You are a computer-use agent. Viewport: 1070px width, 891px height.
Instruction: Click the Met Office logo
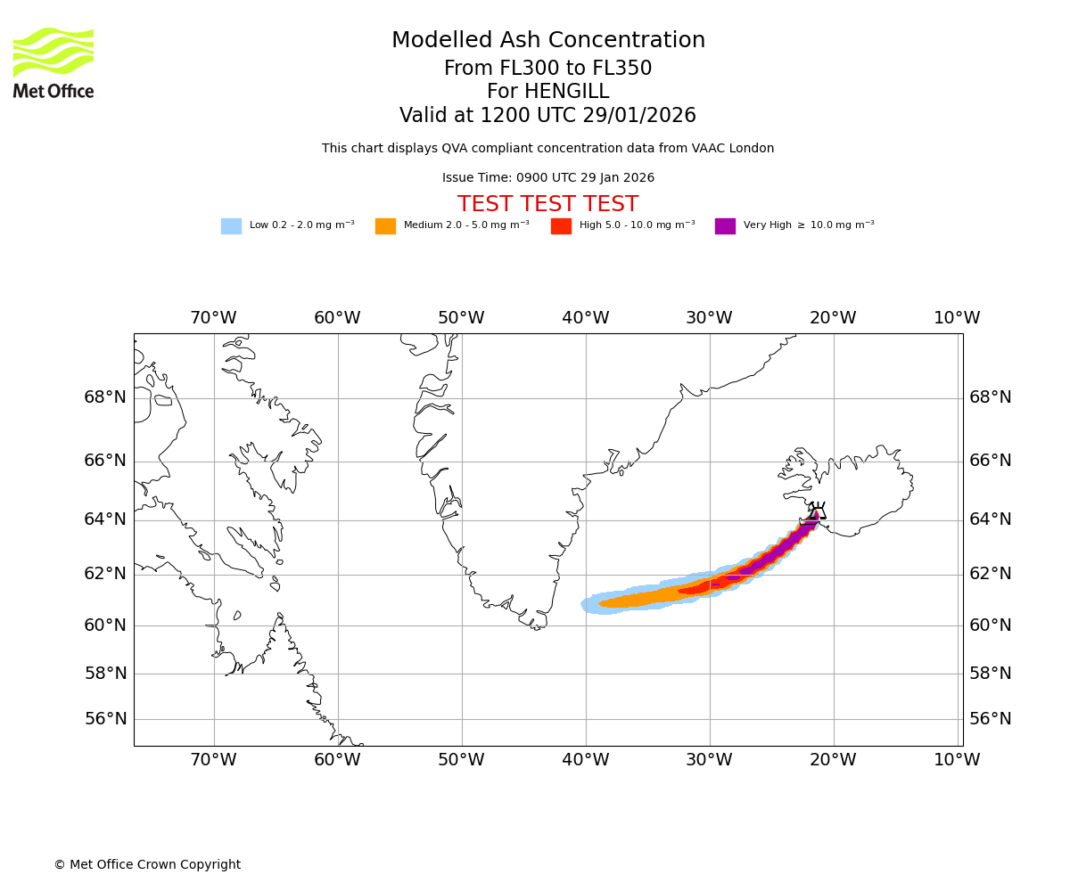(x=53, y=62)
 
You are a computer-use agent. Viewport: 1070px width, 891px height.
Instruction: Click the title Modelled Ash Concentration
(x=548, y=41)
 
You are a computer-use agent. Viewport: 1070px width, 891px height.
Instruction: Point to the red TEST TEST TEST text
(x=547, y=205)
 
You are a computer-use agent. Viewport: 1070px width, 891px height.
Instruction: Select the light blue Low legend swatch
(x=231, y=226)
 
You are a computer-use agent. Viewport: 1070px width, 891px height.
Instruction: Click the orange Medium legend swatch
(x=385, y=226)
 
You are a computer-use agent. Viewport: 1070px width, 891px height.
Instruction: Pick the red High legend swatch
(x=561, y=226)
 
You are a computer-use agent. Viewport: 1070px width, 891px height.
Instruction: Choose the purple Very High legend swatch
(x=725, y=226)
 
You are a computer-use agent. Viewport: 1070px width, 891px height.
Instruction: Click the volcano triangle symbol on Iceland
(x=817, y=512)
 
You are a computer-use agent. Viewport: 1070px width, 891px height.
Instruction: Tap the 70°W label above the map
(x=213, y=318)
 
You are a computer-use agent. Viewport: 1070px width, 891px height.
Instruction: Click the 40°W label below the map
(x=586, y=760)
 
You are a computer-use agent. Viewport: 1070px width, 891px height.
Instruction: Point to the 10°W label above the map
(x=957, y=318)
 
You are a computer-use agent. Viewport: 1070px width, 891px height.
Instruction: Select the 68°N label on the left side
(x=105, y=397)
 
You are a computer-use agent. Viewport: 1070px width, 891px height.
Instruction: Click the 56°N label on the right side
(x=991, y=719)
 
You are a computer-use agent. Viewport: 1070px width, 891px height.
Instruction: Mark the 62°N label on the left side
(x=105, y=574)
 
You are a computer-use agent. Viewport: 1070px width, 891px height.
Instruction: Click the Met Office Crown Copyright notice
(x=147, y=865)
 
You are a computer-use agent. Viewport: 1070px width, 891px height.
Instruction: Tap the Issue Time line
(x=547, y=178)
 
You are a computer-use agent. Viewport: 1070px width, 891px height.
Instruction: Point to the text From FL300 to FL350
(x=547, y=69)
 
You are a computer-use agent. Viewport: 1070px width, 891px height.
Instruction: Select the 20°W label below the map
(x=834, y=760)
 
